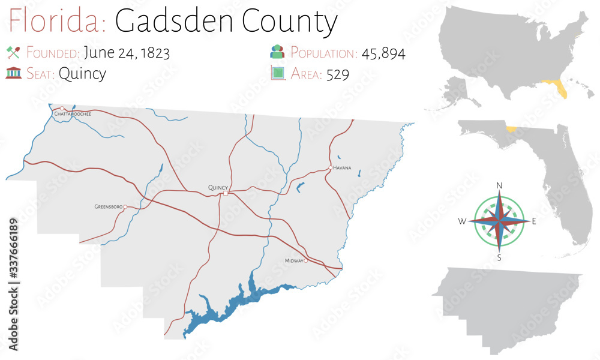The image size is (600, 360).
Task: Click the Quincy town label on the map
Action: tap(218, 187)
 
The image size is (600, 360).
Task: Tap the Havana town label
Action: tap(342, 168)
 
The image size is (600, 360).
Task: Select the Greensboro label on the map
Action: tap(109, 207)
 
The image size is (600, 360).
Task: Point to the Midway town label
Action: tap(294, 261)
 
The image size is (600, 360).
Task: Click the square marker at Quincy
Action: tap(226, 193)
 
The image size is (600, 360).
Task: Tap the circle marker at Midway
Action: tap(305, 261)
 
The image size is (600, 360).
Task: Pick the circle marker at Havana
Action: tap(330, 168)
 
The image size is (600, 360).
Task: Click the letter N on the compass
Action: tap(499, 185)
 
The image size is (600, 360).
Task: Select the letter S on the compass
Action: tap(499, 258)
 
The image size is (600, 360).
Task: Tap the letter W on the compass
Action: tap(462, 221)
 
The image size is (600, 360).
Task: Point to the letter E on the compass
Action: tap(534, 221)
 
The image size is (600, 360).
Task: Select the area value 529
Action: tap(338, 74)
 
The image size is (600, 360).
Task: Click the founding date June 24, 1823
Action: tap(127, 53)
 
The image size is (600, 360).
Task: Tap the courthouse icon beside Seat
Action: tap(13, 74)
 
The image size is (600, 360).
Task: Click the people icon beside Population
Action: tap(277, 52)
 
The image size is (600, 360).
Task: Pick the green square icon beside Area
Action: tap(277, 74)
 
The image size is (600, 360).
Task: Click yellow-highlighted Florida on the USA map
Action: tap(558, 89)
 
